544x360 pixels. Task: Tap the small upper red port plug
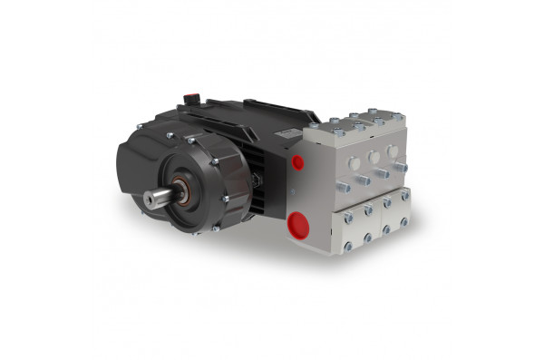297,163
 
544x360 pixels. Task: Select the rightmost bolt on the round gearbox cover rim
226,198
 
